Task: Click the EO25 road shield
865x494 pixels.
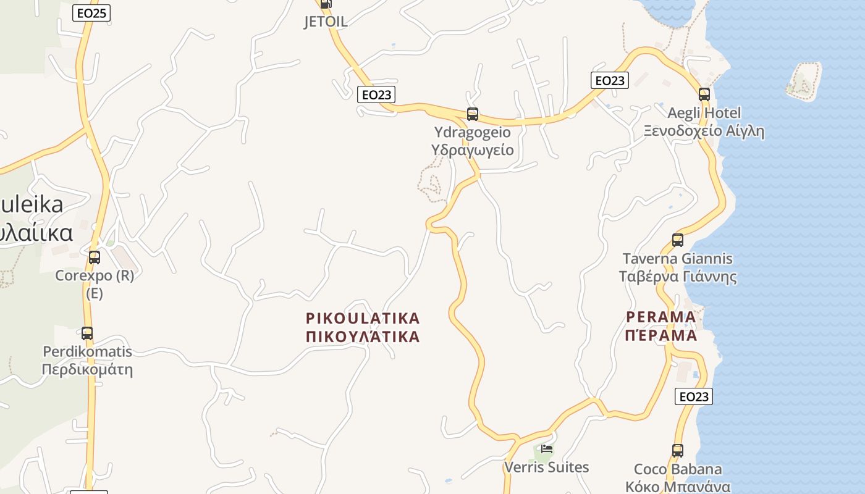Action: tap(91, 13)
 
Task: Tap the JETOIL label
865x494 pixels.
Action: tap(326, 22)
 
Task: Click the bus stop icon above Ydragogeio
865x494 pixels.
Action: tap(473, 114)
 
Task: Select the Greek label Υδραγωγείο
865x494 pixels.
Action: tap(473, 149)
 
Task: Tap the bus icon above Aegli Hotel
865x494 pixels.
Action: tap(704, 94)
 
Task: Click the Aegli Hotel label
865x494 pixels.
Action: tap(704, 113)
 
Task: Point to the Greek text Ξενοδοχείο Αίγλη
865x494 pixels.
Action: tap(704, 131)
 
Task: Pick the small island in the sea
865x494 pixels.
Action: tap(803, 80)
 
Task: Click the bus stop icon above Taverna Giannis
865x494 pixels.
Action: tap(678, 240)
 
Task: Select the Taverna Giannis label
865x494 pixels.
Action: tap(678, 259)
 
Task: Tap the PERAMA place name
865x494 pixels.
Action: tap(660, 317)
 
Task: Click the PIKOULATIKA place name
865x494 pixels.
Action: tap(363, 319)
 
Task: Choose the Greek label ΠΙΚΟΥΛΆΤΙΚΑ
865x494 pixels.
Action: tap(363, 337)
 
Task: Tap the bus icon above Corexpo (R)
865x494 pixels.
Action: tap(95, 257)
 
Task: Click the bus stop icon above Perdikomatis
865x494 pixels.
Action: tap(87, 333)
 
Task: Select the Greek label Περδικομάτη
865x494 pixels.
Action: tap(87, 371)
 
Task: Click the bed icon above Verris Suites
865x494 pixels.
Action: tap(547, 449)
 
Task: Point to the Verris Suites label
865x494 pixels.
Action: tap(547, 467)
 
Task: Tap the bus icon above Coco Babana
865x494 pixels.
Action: tap(678, 451)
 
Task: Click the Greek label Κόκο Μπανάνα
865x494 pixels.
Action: tap(678, 487)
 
